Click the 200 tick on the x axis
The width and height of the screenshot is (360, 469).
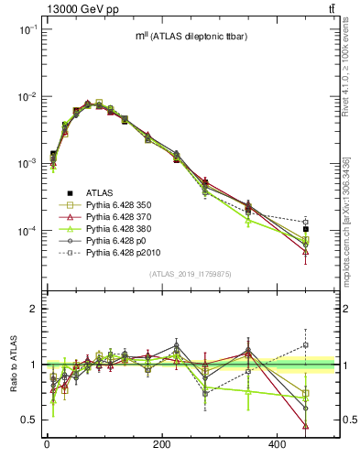coord(162,444)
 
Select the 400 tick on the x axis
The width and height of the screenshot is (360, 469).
coord(278,444)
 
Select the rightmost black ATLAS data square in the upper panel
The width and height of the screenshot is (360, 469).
coord(332,230)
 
